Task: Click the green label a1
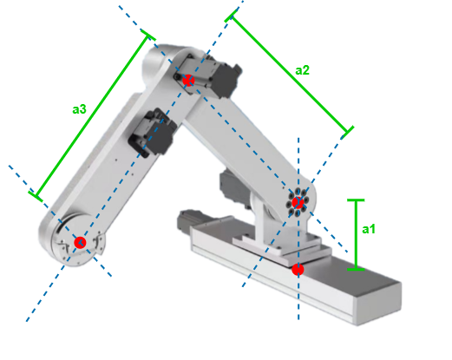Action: (x=369, y=229)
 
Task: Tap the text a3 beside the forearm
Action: (x=79, y=109)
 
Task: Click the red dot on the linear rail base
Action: (x=298, y=270)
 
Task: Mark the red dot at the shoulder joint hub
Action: (x=298, y=203)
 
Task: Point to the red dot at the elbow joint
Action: (x=187, y=80)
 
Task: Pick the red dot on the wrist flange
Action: (x=80, y=242)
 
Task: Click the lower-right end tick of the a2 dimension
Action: (x=348, y=133)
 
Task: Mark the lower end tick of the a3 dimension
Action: (x=36, y=196)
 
